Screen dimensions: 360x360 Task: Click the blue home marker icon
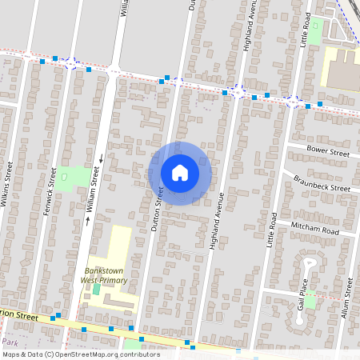180,173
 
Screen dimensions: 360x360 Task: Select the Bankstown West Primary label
108,276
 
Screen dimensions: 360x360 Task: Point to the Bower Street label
329,151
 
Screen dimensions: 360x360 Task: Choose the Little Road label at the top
306,28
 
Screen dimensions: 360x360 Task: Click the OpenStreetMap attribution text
80,354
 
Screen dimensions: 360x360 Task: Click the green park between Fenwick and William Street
73,177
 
